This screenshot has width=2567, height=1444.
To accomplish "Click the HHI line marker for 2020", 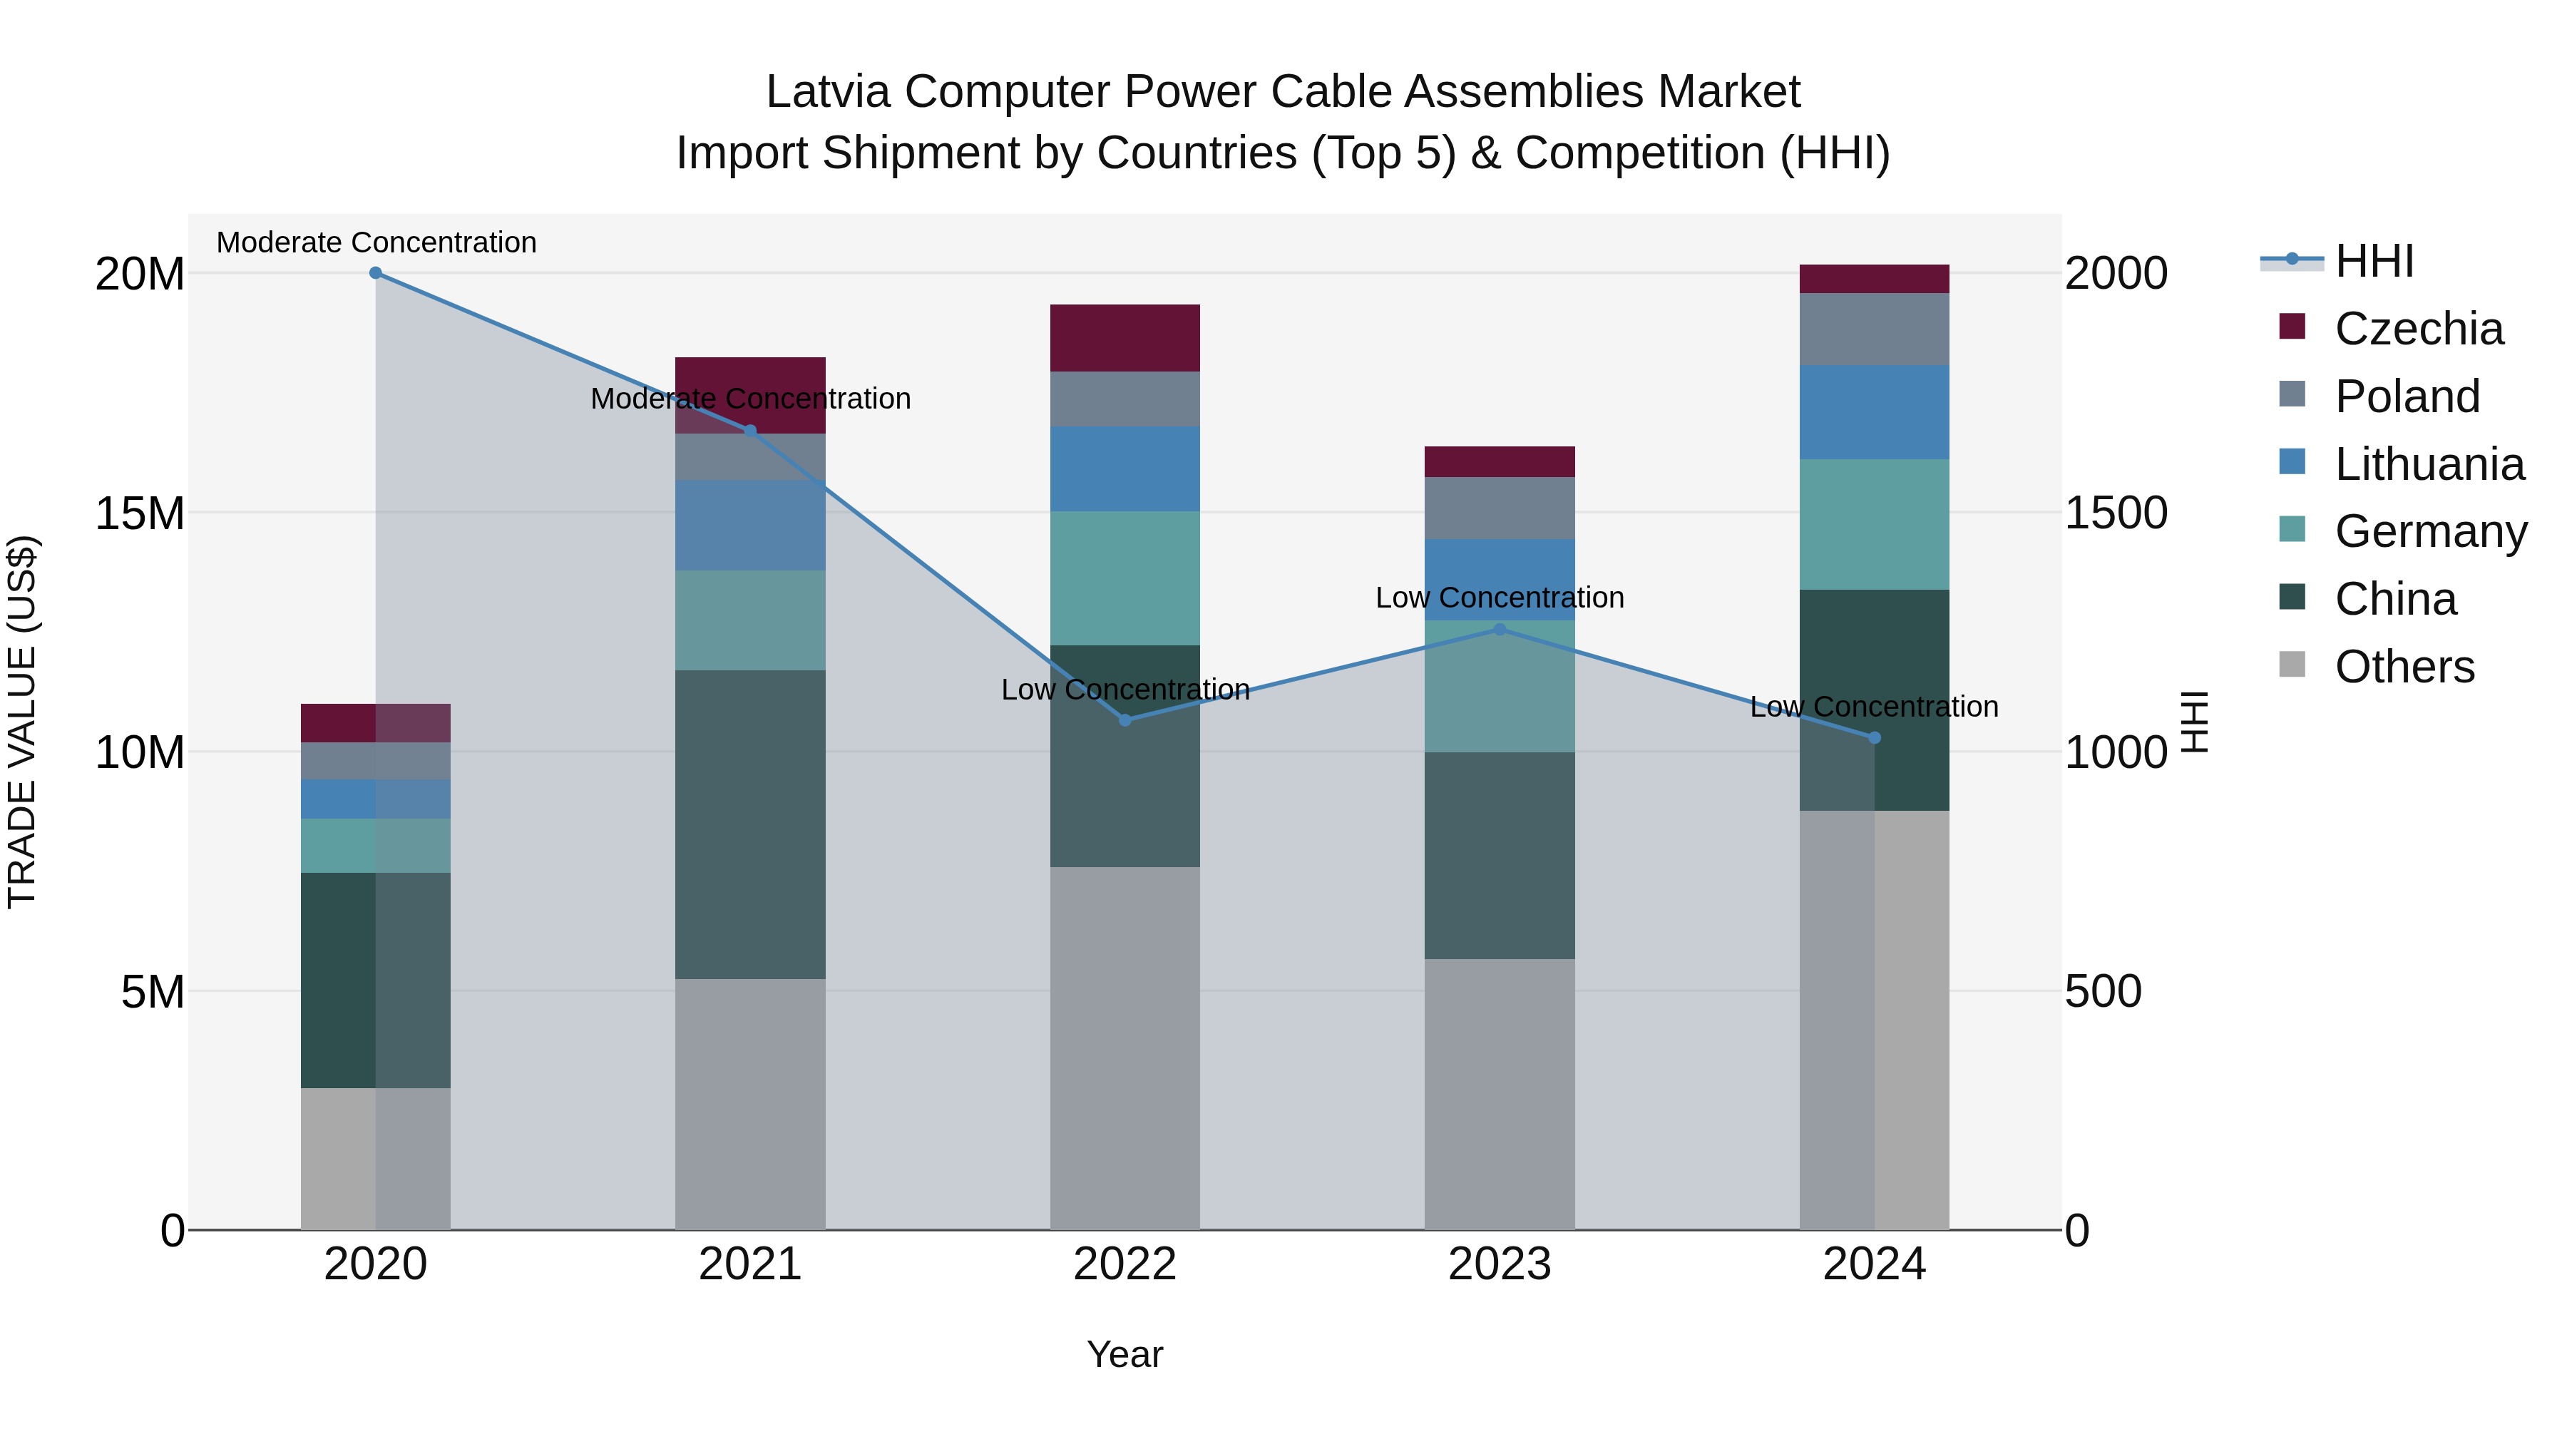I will tap(376, 273).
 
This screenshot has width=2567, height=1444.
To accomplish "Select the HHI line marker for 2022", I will tap(1125, 720).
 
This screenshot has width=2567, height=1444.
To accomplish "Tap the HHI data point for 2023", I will tap(1500, 629).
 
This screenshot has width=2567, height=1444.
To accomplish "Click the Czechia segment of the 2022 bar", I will tap(1125, 338).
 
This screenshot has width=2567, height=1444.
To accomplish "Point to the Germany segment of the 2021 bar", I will tap(750, 620).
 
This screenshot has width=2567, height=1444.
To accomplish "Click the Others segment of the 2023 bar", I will tap(1500, 1094).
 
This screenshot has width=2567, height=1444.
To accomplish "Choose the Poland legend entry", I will tap(2407, 396).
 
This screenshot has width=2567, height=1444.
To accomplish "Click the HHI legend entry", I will tap(2374, 261).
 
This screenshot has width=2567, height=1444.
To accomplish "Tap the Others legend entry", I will tap(2404, 667).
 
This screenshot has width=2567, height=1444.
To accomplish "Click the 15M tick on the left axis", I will tap(140, 513).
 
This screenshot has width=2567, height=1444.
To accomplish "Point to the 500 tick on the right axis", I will tap(2103, 992).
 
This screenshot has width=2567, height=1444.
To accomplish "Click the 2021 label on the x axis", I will tap(750, 1264).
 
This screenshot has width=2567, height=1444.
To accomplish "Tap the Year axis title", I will tap(1125, 1354).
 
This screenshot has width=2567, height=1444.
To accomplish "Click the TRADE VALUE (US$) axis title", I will tap(22, 722).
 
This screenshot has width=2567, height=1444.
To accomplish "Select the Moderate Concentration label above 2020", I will tap(376, 242).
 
